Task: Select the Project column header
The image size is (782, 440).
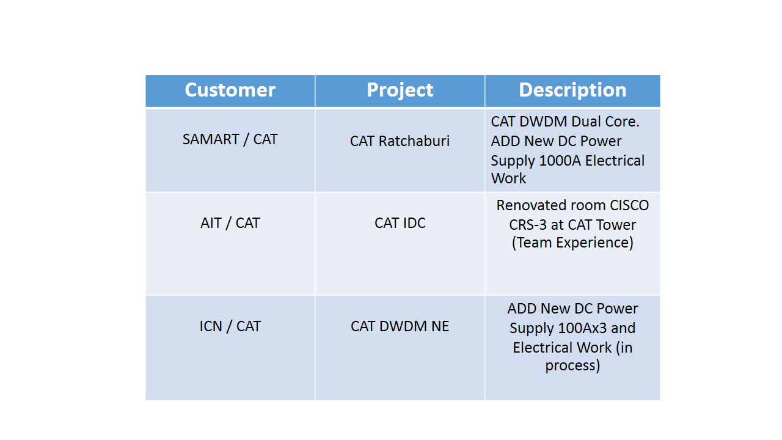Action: point(400,91)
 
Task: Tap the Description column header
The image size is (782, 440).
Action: point(572,91)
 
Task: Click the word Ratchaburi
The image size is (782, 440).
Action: point(414,141)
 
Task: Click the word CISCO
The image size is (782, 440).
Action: point(629,205)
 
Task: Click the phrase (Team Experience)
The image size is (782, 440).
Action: point(572,243)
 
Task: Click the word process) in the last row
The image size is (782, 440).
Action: point(572,366)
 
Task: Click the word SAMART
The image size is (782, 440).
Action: point(211,139)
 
